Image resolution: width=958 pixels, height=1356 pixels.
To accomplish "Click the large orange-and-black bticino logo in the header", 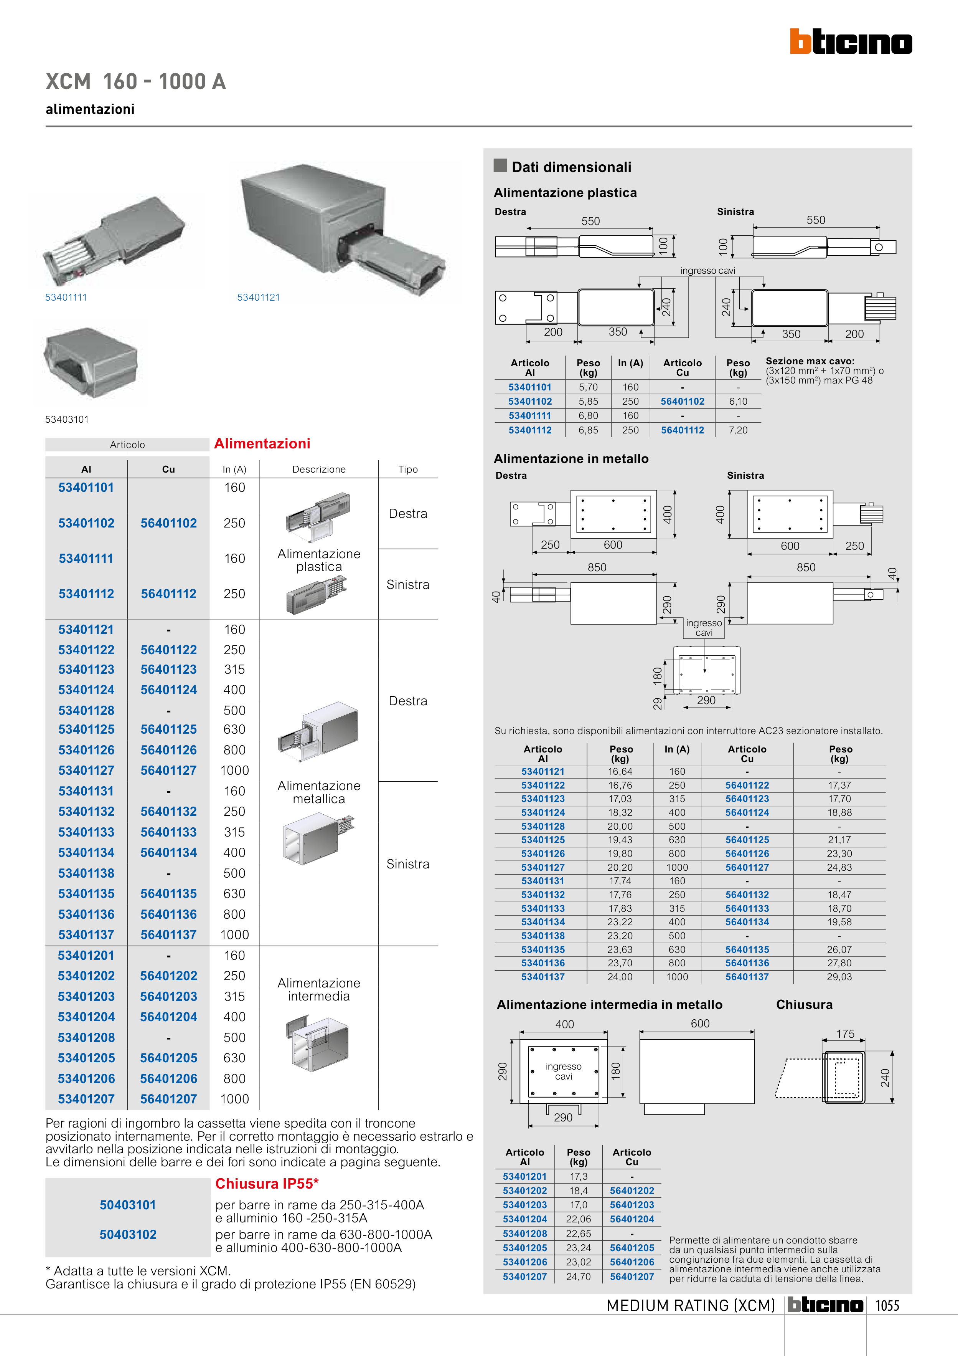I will pyautogui.click(x=851, y=42).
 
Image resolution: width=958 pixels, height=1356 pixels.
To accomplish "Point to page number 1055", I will pyautogui.click(x=887, y=1306).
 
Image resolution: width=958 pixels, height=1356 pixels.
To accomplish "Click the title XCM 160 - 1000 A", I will pyautogui.click(x=136, y=81).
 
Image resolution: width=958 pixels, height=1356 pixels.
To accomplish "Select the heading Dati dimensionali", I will pyautogui.click(x=571, y=167).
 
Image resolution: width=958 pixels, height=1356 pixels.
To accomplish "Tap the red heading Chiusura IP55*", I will pyautogui.click(x=267, y=1184).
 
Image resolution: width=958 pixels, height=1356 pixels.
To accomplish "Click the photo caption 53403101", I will pyautogui.click(x=67, y=419).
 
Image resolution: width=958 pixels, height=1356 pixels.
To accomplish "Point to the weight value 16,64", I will pyautogui.click(x=620, y=771).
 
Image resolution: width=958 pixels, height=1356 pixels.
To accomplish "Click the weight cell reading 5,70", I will pyautogui.click(x=588, y=387).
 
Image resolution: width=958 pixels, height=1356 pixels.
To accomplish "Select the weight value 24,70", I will pyautogui.click(x=579, y=1276).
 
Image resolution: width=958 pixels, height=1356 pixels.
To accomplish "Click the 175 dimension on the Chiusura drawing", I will pyautogui.click(x=845, y=1034).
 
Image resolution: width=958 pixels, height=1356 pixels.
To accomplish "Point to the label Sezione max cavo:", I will pyautogui.click(x=810, y=361).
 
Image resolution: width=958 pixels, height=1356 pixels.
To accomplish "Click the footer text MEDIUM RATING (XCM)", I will pyautogui.click(x=691, y=1306).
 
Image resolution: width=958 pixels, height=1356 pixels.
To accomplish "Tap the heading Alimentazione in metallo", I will pyautogui.click(x=571, y=459).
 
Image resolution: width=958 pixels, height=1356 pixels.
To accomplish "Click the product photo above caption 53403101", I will pyautogui.click(x=91, y=363).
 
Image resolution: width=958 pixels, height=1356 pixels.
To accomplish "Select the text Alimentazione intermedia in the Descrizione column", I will pyautogui.click(x=319, y=989).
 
